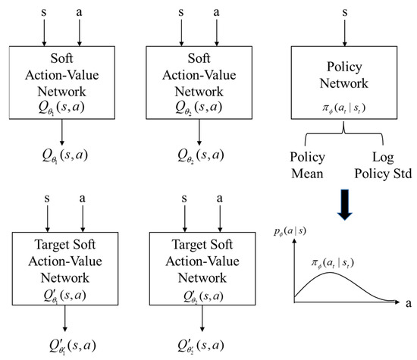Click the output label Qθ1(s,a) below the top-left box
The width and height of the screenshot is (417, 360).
62,158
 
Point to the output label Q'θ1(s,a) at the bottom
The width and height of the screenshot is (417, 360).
62,347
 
